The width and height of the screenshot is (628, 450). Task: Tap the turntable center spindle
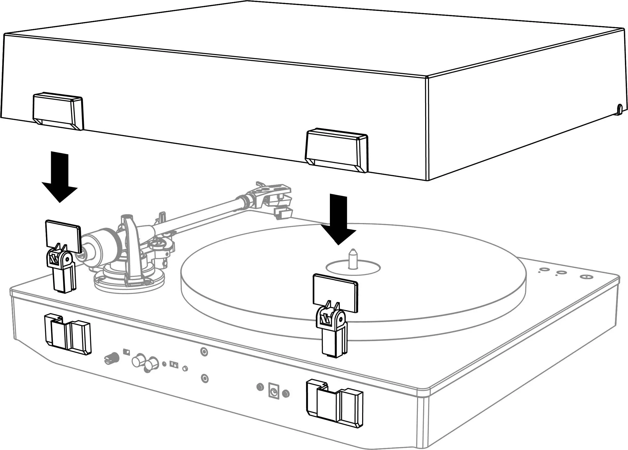(x=353, y=259)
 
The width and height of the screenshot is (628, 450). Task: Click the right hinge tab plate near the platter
(x=335, y=293)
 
